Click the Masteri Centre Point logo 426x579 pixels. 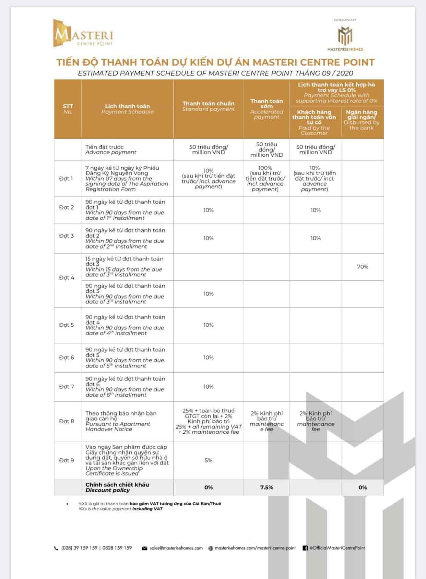(83, 34)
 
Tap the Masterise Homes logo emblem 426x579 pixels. (345, 36)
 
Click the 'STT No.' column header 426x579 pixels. (68, 109)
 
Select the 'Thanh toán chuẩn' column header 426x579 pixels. (209, 106)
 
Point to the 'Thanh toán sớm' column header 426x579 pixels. (267, 109)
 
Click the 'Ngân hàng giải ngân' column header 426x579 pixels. (362, 120)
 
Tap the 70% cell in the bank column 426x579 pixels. (363, 267)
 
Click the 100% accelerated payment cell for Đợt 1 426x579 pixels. (265, 168)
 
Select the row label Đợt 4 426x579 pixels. (67, 278)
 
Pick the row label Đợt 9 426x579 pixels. (67, 460)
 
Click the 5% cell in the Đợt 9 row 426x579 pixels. (209, 460)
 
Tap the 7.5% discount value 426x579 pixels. (267, 487)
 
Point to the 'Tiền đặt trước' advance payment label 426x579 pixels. (105, 147)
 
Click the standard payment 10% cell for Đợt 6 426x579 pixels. (209, 358)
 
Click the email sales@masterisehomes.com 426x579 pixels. (176, 548)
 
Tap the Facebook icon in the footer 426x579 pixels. (305, 548)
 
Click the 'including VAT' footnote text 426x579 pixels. (148, 509)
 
